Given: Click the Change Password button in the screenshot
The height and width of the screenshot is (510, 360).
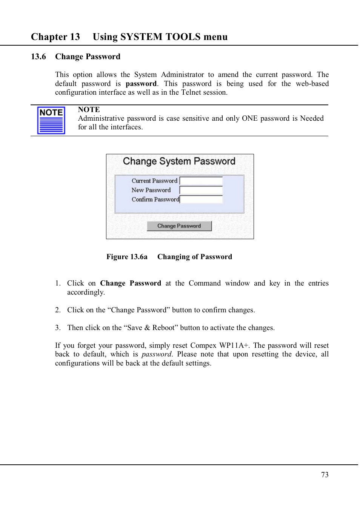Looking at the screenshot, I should point(179,226).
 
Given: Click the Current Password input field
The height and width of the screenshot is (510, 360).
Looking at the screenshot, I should point(201,181).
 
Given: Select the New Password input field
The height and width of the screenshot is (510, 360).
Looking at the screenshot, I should point(201,190).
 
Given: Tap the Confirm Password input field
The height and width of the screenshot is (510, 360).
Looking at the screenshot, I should point(201,199).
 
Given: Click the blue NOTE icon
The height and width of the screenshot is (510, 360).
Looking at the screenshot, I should point(51,120).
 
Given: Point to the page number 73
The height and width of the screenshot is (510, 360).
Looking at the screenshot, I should point(325,475).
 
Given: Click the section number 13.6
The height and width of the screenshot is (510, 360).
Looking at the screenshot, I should point(38,57).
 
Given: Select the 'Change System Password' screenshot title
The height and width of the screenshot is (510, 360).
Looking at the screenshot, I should point(179,161).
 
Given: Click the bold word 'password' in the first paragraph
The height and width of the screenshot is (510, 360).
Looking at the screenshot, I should point(141,84).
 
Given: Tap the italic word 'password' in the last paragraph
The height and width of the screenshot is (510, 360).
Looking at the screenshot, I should point(156,354).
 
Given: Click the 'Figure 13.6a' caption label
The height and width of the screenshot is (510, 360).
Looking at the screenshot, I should point(127,257).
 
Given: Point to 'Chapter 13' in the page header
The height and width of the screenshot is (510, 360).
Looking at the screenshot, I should point(55,37).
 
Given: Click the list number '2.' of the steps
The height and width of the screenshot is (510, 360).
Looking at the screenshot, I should point(58,310).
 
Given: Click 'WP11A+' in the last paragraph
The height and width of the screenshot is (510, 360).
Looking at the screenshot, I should point(234,346).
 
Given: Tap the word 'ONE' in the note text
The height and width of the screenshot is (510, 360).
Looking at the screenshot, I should point(249,118).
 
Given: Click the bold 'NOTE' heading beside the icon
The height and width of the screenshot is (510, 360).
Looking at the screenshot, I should point(89,110).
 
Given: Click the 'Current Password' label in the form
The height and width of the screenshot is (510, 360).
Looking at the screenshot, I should point(154,181).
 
